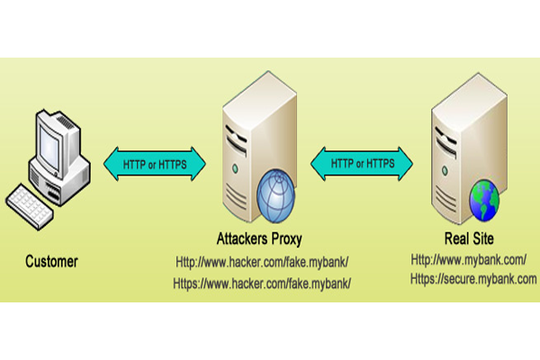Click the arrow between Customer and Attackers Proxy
pos(156,162)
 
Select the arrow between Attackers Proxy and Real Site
pos(360,162)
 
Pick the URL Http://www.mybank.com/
pos(469,260)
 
